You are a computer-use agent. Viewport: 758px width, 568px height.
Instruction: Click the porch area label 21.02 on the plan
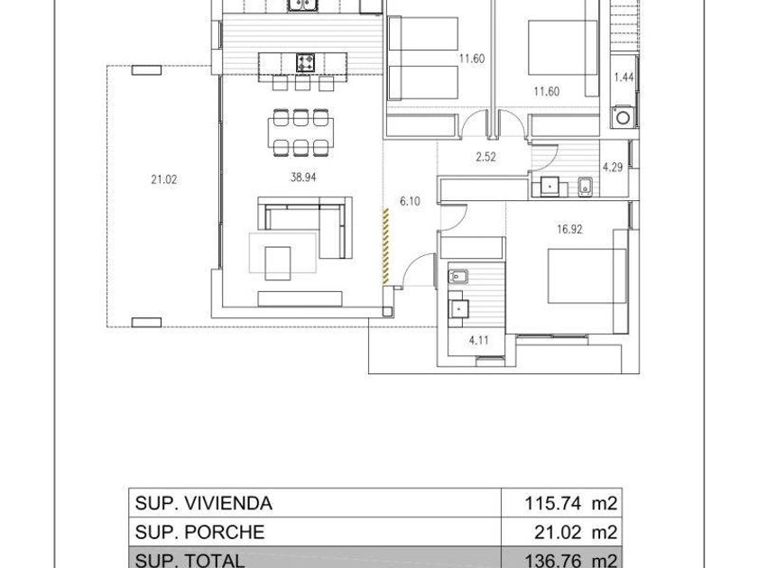point(164,179)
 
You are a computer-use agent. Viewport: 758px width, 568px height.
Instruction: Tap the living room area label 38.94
point(303,178)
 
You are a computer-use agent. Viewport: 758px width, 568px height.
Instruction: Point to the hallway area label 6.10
point(410,201)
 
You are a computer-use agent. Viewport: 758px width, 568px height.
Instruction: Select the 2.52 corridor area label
point(485,157)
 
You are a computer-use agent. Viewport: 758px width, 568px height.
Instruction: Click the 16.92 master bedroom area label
point(569,229)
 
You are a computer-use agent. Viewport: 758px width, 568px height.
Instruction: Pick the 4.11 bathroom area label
point(478,341)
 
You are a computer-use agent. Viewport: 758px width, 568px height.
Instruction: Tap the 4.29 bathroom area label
point(613,168)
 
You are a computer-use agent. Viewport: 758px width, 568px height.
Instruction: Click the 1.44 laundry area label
point(624,78)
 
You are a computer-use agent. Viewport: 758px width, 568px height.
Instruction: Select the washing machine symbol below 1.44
point(623,117)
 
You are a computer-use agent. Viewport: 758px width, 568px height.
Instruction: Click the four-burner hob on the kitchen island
point(306,63)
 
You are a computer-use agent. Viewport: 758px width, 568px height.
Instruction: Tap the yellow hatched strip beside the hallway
point(386,246)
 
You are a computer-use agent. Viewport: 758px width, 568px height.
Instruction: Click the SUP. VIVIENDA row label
point(204,503)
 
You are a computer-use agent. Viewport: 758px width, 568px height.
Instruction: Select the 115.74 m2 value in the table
point(571,503)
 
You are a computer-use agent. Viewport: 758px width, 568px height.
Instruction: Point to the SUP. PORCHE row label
point(199,532)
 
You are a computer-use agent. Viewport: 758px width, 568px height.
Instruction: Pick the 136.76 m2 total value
point(571,560)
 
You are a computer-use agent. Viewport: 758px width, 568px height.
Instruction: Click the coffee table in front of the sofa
point(278,263)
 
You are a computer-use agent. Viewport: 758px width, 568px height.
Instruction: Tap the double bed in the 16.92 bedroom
point(587,276)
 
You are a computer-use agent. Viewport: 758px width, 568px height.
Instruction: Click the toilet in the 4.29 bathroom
point(585,187)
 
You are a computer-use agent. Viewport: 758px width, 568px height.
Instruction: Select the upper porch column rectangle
point(146,70)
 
